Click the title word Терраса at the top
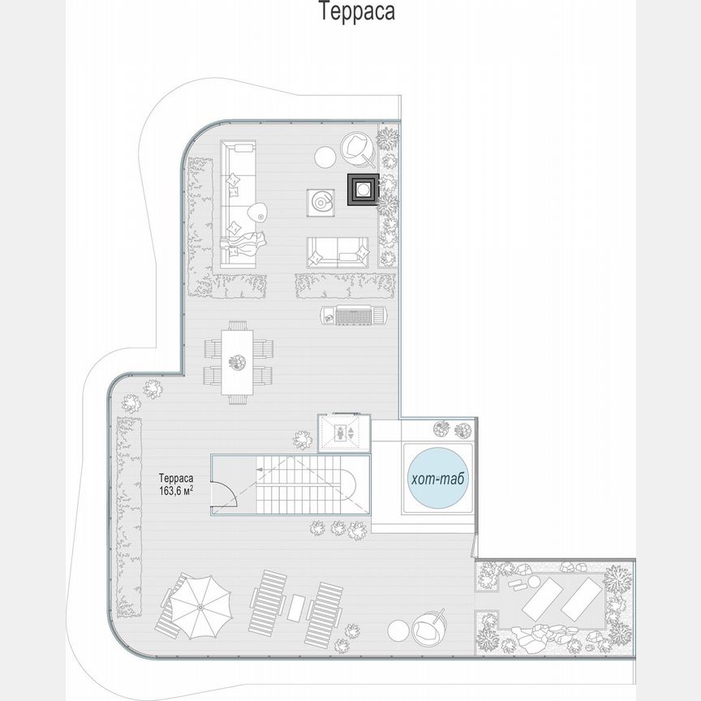click(357, 12)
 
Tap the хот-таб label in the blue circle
click(438, 480)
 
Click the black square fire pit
click(362, 188)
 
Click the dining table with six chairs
click(238, 359)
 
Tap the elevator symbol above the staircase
click(344, 431)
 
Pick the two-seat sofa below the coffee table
click(337, 252)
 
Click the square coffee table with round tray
click(321, 201)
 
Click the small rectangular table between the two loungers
click(297, 606)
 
